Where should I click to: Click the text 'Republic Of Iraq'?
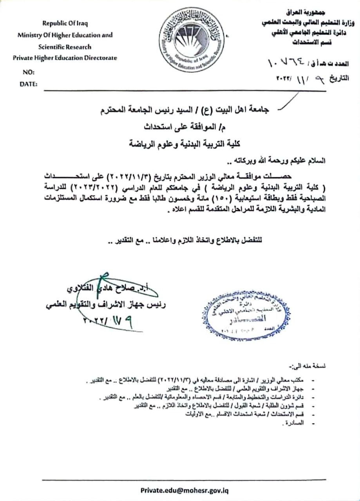tap(65, 23)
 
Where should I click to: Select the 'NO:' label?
tap(29, 72)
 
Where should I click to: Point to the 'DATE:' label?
tap(29, 83)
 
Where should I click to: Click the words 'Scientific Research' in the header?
tap(65, 47)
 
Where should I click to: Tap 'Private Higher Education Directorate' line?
tap(65, 58)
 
